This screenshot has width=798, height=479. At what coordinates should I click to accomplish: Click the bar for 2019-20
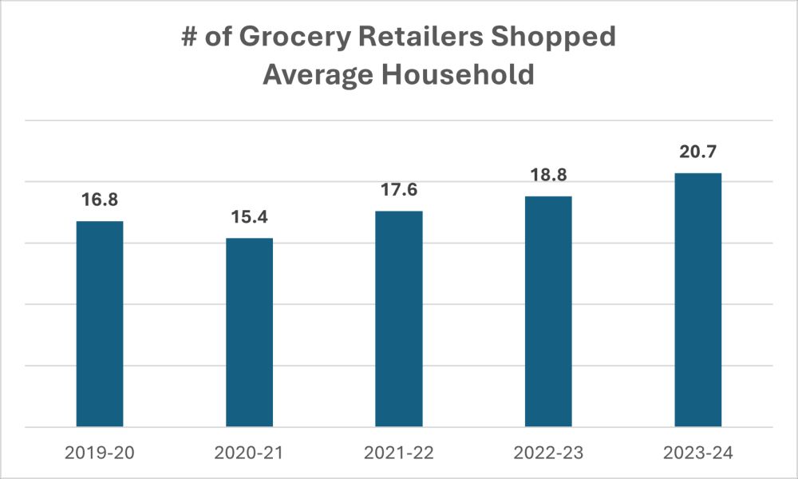100,323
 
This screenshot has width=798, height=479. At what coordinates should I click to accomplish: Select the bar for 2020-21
249,332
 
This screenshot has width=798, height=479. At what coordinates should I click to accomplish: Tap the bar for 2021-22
399,319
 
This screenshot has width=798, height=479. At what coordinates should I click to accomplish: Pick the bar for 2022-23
548,311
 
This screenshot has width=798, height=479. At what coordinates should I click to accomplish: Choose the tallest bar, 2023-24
698,299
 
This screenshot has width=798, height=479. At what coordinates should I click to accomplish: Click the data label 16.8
100,200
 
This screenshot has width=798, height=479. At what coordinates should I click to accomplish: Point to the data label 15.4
249,216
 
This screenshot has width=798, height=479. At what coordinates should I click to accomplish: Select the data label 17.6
399,190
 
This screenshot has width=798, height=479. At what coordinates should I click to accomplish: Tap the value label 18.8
548,175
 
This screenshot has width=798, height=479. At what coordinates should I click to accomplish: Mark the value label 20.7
698,152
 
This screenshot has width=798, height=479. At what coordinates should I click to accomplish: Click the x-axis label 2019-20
100,453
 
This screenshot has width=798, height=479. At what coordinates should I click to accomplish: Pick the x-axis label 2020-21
249,453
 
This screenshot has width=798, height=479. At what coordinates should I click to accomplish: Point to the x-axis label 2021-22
399,453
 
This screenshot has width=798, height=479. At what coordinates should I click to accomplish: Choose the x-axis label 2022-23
548,453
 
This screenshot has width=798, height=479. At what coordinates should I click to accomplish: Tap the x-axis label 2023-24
698,453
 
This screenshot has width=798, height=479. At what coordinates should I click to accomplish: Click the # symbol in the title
191,38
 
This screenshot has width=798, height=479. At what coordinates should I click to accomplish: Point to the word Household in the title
456,75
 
